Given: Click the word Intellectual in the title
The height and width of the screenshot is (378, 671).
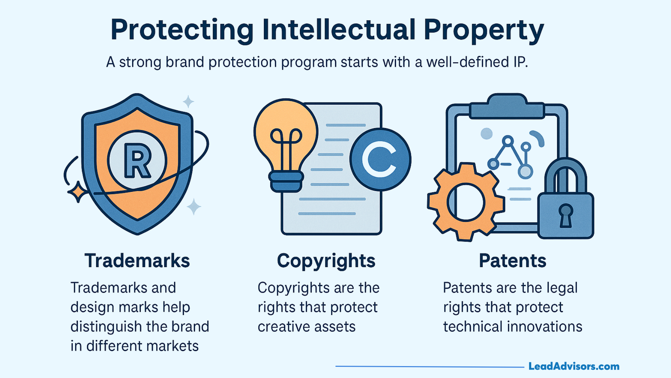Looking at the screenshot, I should (339, 30).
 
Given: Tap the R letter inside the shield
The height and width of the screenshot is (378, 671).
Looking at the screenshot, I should (138, 161).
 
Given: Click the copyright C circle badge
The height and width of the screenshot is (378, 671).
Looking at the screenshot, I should (380, 160).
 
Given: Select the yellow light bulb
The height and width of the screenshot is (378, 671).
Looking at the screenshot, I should (286, 133).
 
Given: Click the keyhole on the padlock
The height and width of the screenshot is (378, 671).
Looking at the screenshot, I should (565, 215).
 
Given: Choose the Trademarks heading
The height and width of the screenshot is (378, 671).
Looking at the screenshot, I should (137, 261).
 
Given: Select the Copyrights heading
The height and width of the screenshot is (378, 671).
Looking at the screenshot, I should (326, 261).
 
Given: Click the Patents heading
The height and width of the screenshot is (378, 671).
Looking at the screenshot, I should (512, 261).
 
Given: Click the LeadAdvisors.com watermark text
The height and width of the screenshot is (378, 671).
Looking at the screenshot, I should (574, 366).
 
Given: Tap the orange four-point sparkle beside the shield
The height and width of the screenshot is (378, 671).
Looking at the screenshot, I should (78, 192).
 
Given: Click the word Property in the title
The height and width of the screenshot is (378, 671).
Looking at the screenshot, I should (484, 30).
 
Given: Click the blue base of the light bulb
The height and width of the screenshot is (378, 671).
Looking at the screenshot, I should (286, 181).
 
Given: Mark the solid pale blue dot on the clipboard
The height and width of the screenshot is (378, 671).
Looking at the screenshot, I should (486, 133).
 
